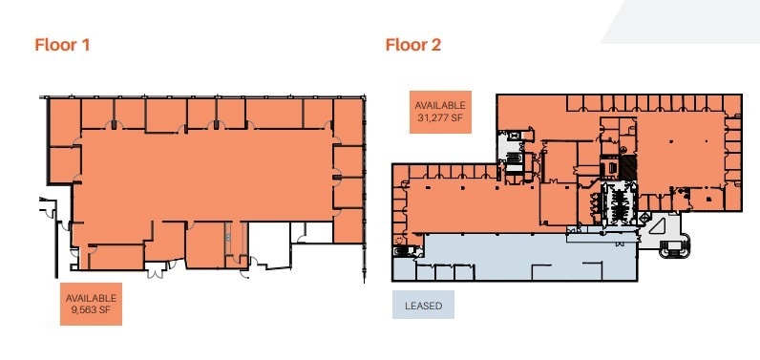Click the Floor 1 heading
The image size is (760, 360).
coord(62,44)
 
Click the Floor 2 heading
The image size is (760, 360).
coord(412,44)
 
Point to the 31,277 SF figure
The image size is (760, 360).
coord(439,118)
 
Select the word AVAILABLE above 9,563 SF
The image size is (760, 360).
coord(91,298)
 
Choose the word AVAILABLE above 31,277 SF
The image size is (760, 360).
coord(439,105)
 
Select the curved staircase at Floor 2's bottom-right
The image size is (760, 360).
coord(678,246)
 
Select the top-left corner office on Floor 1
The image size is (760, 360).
coord(63,120)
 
